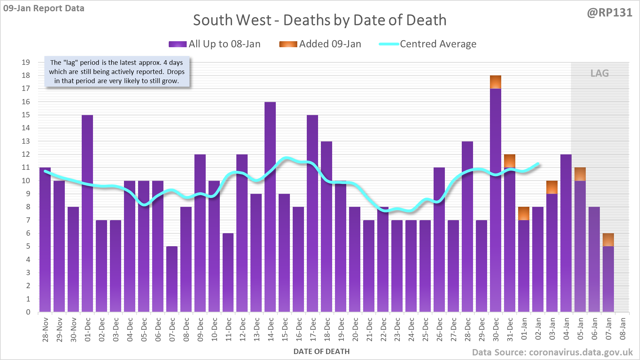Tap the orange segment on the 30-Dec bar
pyautogui.click(x=496, y=82)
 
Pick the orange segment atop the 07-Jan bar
pyautogui.click(x=608, y=240)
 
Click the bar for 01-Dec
pyautogui.click(x=87, y=211)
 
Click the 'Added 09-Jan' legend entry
pyautogui.click(x=321, y=44)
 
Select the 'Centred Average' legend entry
pyautogui.click(x=428, y=44)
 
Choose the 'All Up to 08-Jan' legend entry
pyautogui.click(x=215, y=44)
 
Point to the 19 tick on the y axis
pyautogui.click(x=26, y=62)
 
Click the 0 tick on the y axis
pyautogui.click(x=28, y=312)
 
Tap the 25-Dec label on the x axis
pyautogui.click(x=425, y=329)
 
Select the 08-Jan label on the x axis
pyautogui.click(x=623, y=329)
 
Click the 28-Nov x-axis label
pyautogui.click(x=45, y=329)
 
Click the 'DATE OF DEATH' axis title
pyautogui.click(x=321, y=352)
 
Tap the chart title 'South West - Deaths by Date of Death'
pyautogui.click(x=319, y=20)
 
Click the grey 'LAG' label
pyautogui.click(x=599, y=73)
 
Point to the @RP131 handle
pyautogui.click(x=609, y=13)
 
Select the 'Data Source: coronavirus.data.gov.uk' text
pyautogui.click(x=552, y=352)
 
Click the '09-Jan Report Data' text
pyautogui.click(x=44, y=8)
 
